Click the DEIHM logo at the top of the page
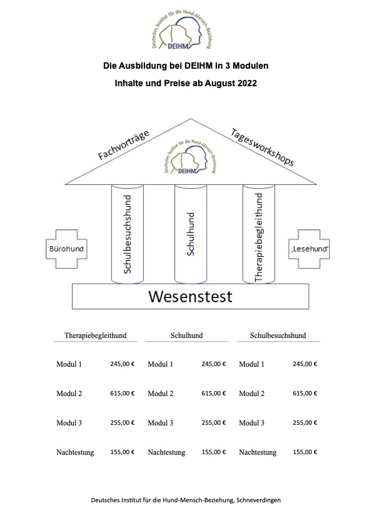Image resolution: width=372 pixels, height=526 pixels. pyautogui.click(x=182, y=30)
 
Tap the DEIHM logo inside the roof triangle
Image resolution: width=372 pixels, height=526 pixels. pyautogui.click(x=190, y=157)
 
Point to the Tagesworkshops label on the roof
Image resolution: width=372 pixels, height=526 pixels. pyautogui.click(x=262, y=147)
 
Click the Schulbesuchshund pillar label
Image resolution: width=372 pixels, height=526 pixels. pyautogui.click(x=128, y=234)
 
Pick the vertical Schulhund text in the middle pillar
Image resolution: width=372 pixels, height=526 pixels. pyautogui.click(x=190, y=234)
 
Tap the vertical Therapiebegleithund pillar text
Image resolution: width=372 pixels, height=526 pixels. pyautogui.click(x=259, y=237)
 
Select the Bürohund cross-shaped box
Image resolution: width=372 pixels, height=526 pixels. pyautogui.click(x=66, y=249)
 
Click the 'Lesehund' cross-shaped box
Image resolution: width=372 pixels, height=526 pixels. pyautogui.click(x=309, y=249)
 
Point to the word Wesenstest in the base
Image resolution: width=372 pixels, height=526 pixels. pyautogui.click(x=190, y=297)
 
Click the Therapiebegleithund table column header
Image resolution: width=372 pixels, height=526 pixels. pyautogui.click(x=96, y=335)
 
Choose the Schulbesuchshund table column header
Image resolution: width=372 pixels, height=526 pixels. pyautogui.click(x=278, y=335)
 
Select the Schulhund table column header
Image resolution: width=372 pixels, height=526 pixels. pyautogui.click(x=187, y=335)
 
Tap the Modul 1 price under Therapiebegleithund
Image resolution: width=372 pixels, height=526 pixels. pyautogui.click(x=123, y=364)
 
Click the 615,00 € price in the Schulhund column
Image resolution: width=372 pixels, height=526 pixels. pyautogui.click(x=214, y=393)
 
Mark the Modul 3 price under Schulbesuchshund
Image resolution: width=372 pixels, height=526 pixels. pyautogui.click(x=305, y=423)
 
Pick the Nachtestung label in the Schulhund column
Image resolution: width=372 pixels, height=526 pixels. pyautogui.click(x=166, y=452)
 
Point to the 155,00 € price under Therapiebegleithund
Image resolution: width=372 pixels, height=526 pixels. pyautogui.click(x=123, y=452)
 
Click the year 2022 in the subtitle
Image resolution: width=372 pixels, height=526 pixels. pyautogui.click(x=248, y=83)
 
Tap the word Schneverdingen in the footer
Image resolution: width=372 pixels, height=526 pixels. pyautogui.click(x=258, y=500)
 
